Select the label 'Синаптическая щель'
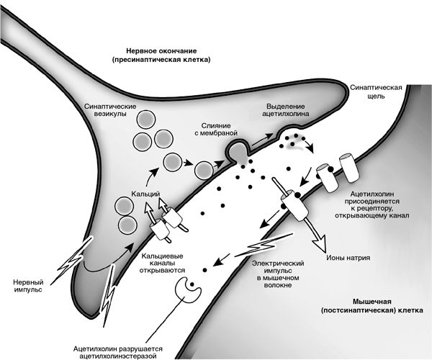tap(377, 91)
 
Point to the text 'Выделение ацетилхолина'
tap(292, 110)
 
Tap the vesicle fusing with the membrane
tap(239, 150)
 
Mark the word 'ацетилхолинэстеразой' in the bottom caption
tap(120, 353)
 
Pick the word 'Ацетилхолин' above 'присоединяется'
tap(373, 194)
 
